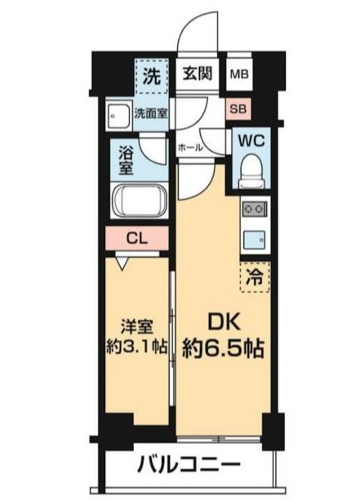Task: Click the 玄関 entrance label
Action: pyautogui.click(x=199, y=74)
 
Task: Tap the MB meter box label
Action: pyautogui.click(x=240, y=75)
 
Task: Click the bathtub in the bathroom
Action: pyautogui.click(x=138, y=201)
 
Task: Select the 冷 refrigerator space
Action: pyautogui.click(x=255, y=275)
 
